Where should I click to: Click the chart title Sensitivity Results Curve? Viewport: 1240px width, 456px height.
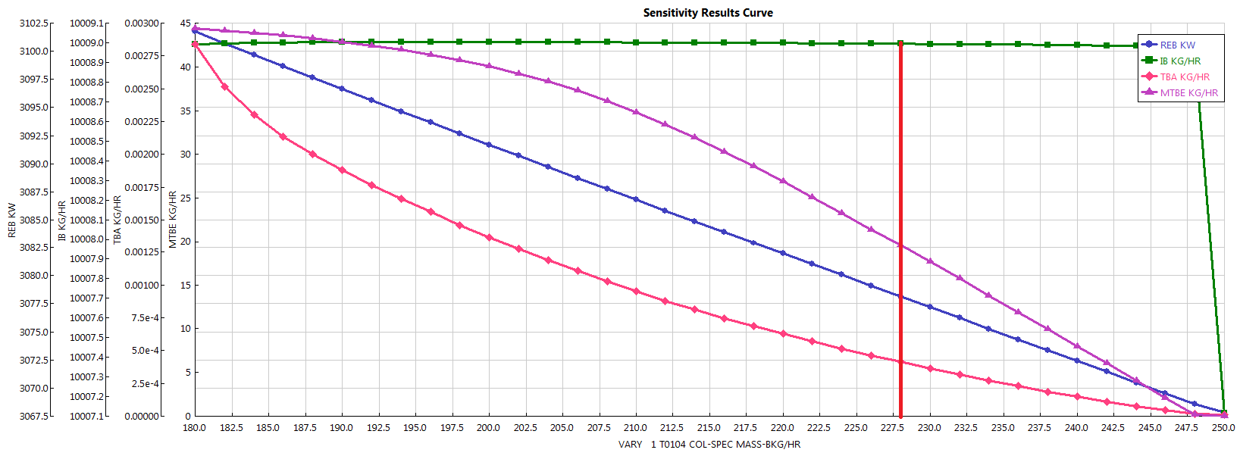pos(708,13)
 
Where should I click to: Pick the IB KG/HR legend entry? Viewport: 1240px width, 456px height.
pos(1179,61)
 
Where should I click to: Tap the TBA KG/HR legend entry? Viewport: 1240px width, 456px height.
pos(1184,77)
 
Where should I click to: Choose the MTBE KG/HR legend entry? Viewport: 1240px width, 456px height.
pos(1188,93)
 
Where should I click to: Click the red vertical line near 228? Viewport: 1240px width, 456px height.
pos(900,227)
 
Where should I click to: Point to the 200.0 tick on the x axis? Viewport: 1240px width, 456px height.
pos(488,428)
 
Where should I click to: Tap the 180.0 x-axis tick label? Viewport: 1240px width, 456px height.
pos(195,428)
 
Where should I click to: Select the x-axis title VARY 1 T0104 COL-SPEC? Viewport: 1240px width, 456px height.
pos(709,445)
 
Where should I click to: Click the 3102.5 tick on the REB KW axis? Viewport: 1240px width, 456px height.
pos(34,23)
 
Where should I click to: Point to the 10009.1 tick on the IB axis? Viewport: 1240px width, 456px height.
pos(86,23)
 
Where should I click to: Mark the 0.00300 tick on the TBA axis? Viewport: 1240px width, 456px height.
pos(142,23)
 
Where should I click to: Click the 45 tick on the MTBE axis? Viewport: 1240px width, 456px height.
pos(185,23)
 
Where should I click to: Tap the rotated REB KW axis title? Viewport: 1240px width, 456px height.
pos(12,220)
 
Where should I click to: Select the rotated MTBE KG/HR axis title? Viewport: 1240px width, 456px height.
pos(173,220)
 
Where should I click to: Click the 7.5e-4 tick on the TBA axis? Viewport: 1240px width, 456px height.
pos(146,318)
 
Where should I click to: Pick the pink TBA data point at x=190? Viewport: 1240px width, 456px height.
pos(342,170)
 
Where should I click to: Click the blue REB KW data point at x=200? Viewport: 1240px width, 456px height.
pos(489,145)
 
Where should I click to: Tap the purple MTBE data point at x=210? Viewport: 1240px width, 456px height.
pos(636,112)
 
